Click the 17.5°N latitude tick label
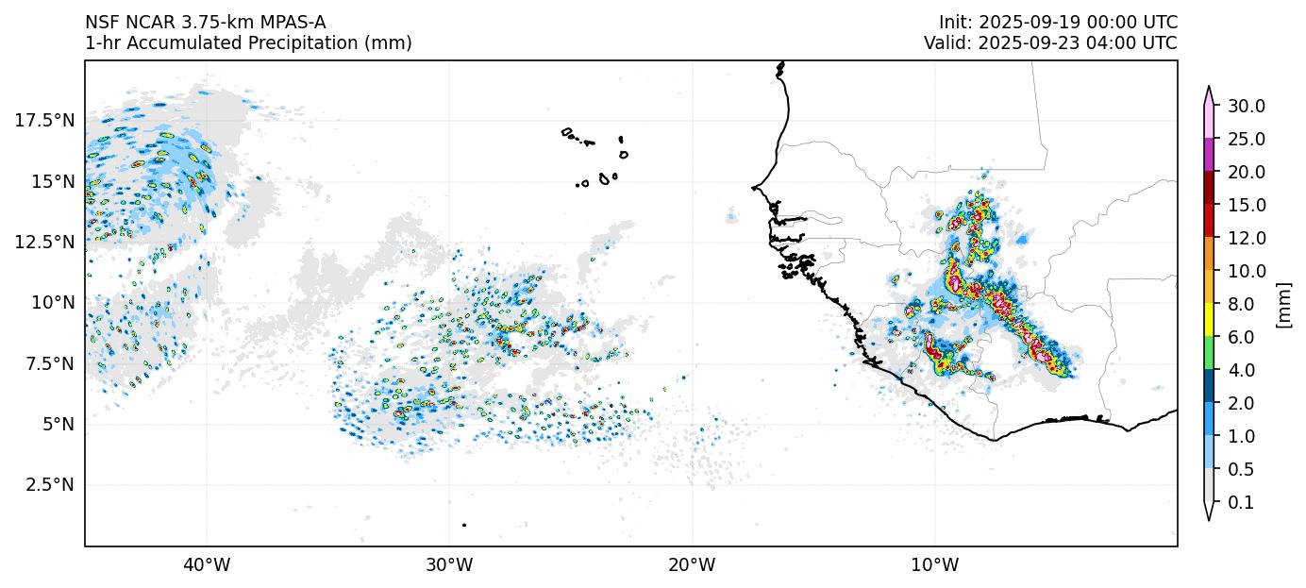(x=46, y=120)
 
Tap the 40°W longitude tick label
(x=207, y=565)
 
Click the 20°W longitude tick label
(x=692, y=565)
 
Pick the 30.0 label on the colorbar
(x=1247, y=106)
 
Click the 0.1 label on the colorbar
(x=1241, y=503)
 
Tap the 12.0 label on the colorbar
(x=1247, y=238)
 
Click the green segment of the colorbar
(x=1208, y=353)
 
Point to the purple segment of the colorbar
(x=1208, y=155)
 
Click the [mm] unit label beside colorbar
(x=1283, y=304)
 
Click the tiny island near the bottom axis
(x=464, y=525)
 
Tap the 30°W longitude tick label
(x=449, y=565)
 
